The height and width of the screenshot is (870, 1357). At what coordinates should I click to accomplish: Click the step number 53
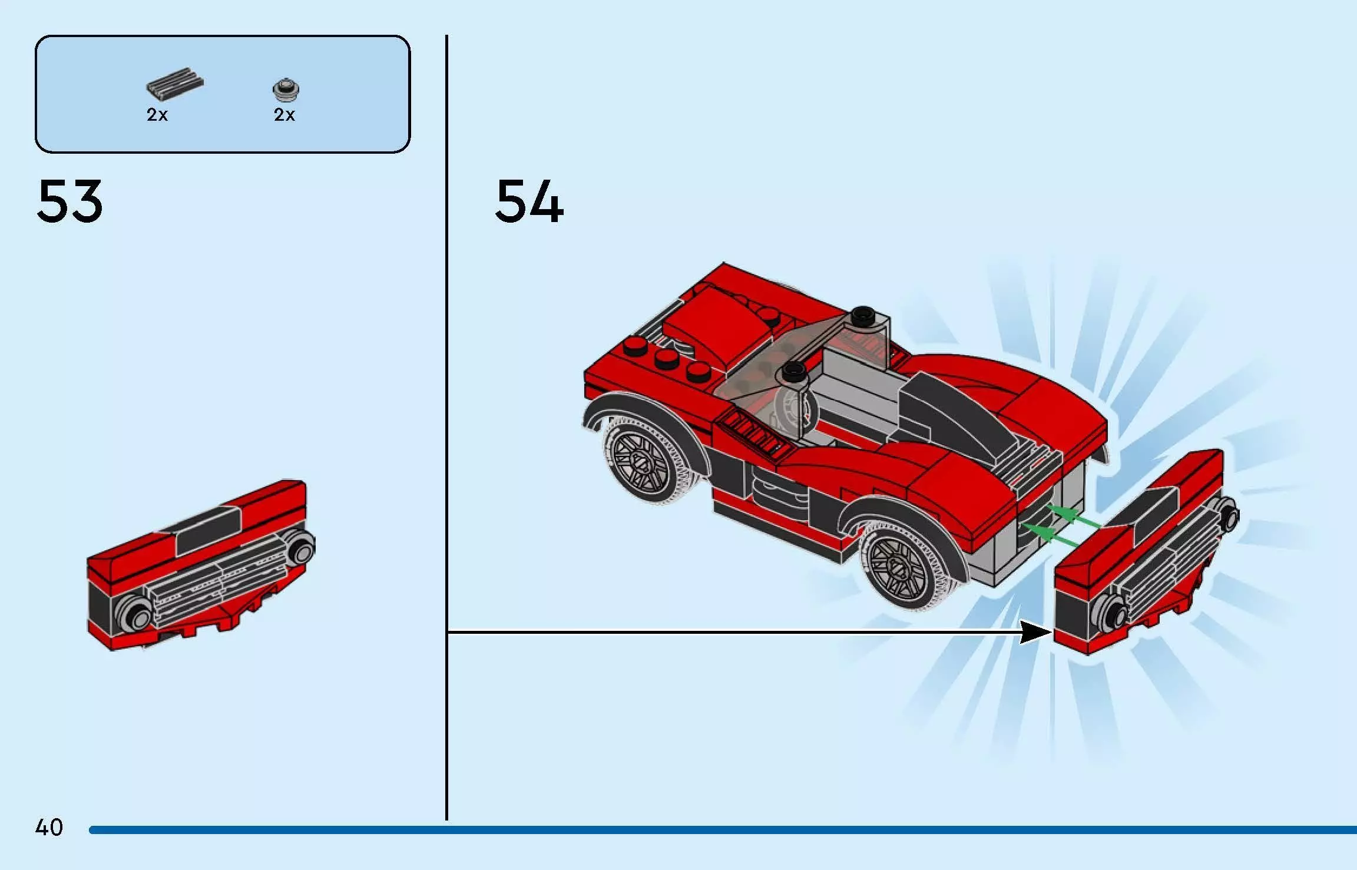click(x=69, y=201)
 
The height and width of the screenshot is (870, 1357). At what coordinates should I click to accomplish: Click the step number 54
click(x=529, y=201)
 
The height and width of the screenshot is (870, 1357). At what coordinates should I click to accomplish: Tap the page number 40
click(x=49, y=828)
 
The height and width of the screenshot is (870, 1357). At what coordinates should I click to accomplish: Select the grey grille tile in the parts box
click(x=175, y=84)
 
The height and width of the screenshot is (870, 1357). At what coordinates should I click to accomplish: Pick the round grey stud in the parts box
click(x=286, y=89)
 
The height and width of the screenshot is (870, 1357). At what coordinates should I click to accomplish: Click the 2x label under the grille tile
click(x=157, y=115)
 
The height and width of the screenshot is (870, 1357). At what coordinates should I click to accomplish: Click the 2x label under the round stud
click(x=284, y=115)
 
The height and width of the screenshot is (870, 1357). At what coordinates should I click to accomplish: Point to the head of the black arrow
click(x=1037, y=632)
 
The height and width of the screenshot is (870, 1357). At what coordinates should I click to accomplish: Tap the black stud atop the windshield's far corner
click(x=863, y=316)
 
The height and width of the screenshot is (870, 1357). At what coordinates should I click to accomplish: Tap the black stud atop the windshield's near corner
click(x=793, y=371)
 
